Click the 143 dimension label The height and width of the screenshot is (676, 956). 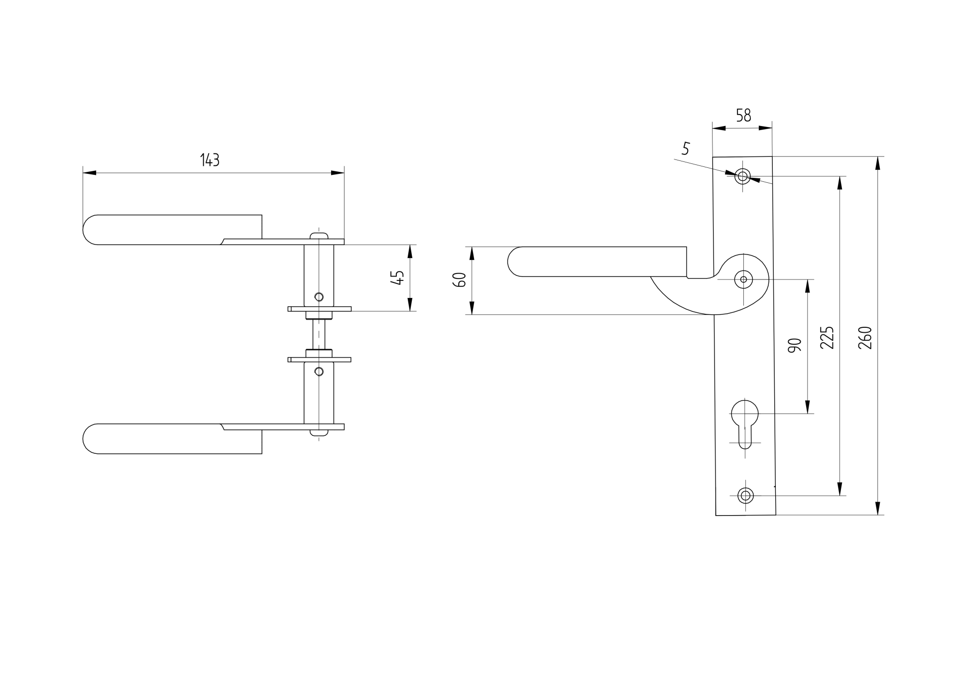coord(210,160)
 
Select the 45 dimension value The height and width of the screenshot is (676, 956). coord(397,277)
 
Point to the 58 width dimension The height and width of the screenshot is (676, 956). coord(743,116)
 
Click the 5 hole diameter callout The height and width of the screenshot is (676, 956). coord(686,148)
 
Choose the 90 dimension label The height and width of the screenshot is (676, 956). coord(795,345)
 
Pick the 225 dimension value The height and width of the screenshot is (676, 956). coord(827,337)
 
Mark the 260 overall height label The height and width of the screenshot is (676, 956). coord(865,337)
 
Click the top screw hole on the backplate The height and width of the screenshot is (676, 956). coord(742,176)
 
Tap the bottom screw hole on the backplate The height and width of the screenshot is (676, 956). coord(745,496)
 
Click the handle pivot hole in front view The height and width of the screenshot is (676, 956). coord(743,279)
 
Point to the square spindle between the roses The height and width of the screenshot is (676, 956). coord(319,334)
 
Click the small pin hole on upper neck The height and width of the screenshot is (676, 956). coord(319,297)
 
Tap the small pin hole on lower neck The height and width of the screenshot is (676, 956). coord(319,371)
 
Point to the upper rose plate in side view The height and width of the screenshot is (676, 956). coord(319,309)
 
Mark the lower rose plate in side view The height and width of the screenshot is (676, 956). coord(319,360)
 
